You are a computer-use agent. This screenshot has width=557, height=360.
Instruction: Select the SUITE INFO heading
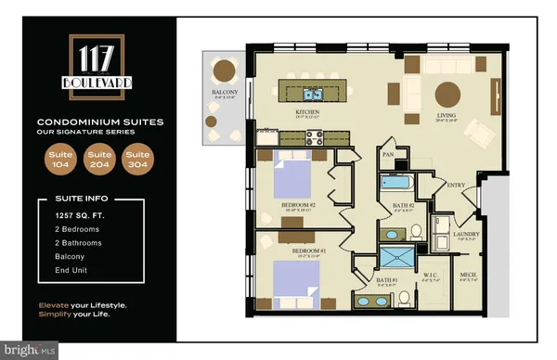[x=72, y=199]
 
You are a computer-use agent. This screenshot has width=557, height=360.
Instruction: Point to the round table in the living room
[x=447, y=94]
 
